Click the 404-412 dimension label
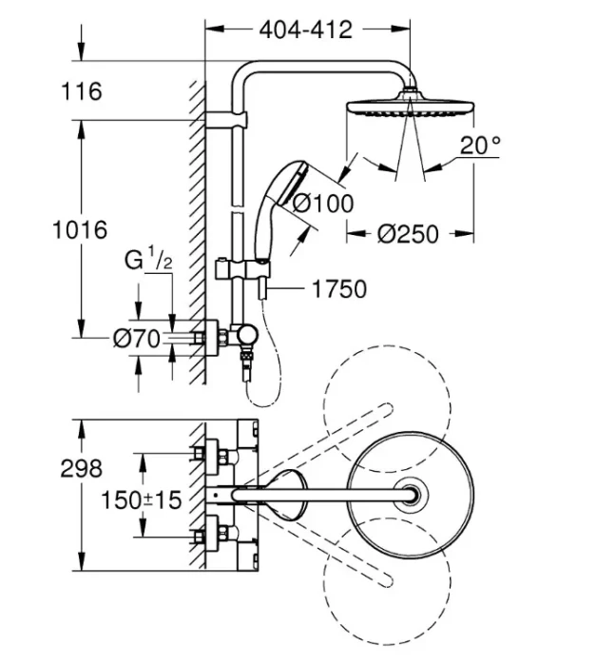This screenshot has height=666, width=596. [x=305, y=29]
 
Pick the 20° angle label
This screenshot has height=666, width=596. [x=480, y=146]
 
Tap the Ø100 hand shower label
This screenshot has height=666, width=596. [x=322, y=203]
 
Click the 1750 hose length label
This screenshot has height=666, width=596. [x=338, y=288]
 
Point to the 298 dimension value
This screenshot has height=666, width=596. [x=82, y=467]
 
